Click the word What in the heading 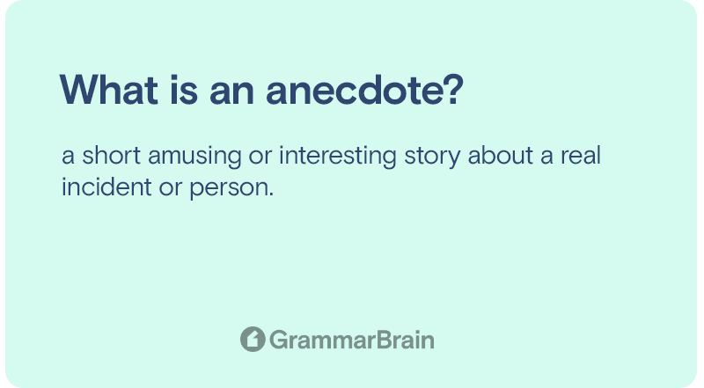coord(108,90)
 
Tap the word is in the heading coord(184,90)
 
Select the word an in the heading coord(231,93)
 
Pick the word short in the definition coord(112,156)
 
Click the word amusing coord(194,157)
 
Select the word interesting coord(338,157)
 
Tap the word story coord(432,157)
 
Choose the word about coord(500,156)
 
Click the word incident coord(106,187)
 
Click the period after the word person coord(271,195)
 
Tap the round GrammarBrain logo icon coord(253,339)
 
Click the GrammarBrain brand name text coord(351,340)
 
